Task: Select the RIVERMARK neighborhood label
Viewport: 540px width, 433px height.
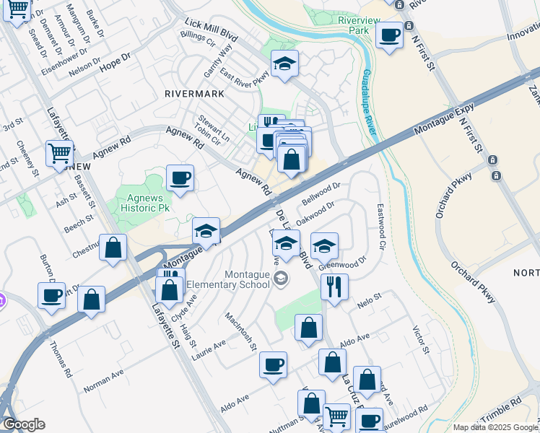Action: click(x=194, y=94)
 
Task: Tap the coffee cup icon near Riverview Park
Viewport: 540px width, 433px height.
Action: click(x=390, y=35)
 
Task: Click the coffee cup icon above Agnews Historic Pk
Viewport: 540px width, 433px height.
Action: click(x=180, y=178)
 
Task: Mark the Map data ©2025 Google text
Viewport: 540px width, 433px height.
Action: click(x=495, y=427)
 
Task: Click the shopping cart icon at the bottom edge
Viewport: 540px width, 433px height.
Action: click(x=336, y=416)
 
